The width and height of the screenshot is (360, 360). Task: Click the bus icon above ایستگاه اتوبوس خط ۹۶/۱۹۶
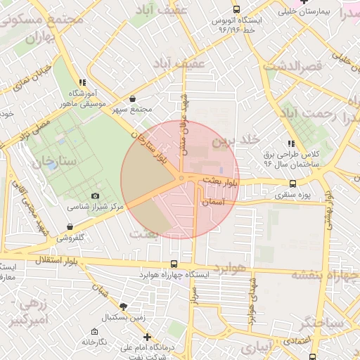235,10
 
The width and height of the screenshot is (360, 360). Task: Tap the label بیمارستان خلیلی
307,11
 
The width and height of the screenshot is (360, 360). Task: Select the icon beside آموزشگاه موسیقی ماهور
83,82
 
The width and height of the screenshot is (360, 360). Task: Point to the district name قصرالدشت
292,65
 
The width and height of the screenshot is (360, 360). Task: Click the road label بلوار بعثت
221,182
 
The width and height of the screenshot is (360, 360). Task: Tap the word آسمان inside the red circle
212,202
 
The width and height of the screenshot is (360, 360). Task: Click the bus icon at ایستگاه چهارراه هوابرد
174,264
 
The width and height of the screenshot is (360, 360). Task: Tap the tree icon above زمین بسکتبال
124,306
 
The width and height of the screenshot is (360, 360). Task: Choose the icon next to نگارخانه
94,331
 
